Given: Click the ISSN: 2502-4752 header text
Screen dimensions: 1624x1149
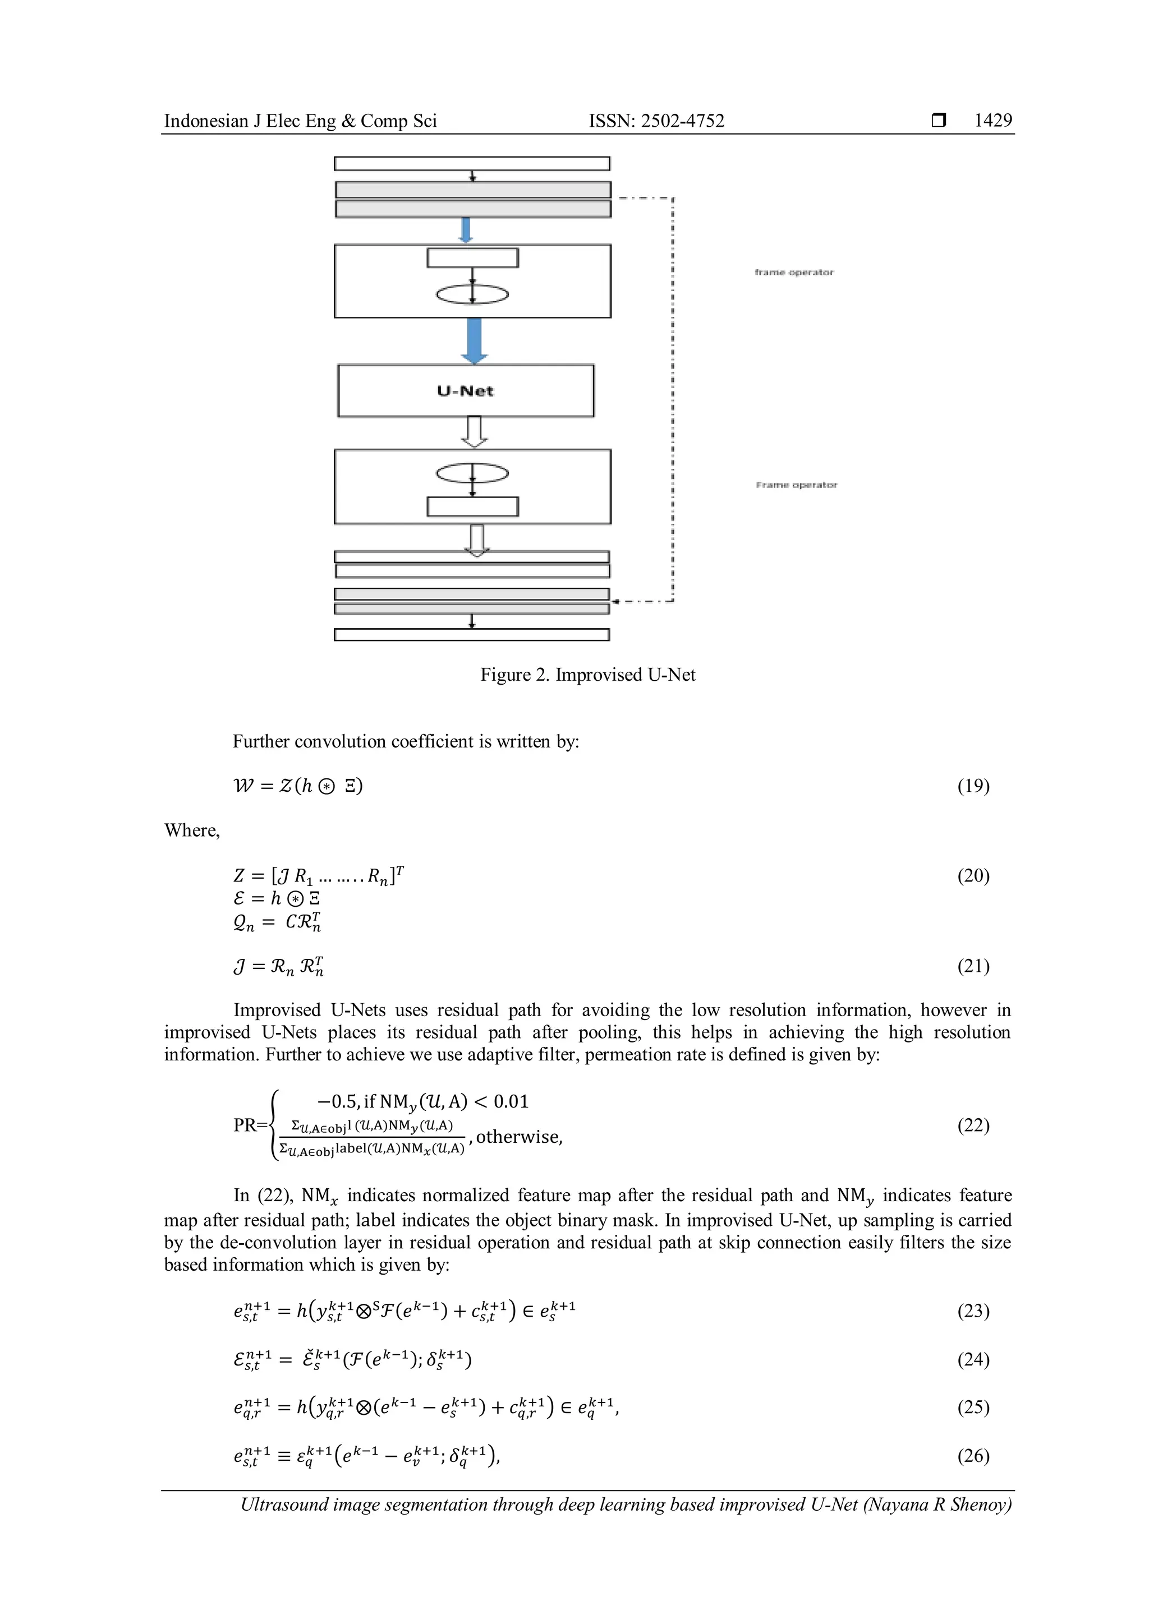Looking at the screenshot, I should point(656,121).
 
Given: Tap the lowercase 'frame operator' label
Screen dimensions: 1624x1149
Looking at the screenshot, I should point(794,273).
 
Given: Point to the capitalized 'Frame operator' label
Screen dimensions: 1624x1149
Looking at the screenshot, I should point(796,485).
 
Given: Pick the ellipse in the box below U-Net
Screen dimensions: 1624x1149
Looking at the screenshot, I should point(472,473).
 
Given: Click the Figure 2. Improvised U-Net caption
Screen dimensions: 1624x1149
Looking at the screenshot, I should point(587,675).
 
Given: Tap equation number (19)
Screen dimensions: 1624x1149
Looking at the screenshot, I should point(973,786).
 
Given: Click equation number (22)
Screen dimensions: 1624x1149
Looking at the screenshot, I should point(973,1125).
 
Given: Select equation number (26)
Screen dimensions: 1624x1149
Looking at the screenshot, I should point(973,1456).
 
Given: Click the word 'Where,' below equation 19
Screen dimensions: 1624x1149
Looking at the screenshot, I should point(192,831).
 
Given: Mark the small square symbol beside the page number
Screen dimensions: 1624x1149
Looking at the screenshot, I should point(938,121).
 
